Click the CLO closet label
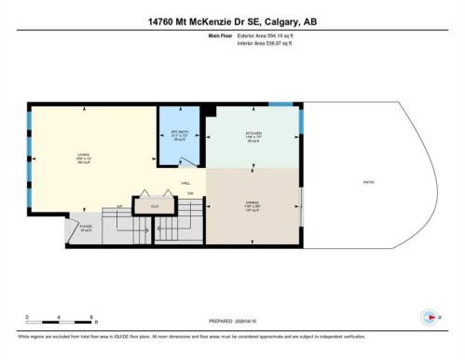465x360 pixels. tap(155, 204)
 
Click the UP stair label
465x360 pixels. tap(119, 206)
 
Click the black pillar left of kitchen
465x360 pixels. tap(210, 111)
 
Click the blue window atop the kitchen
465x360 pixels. tap(280, 103)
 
